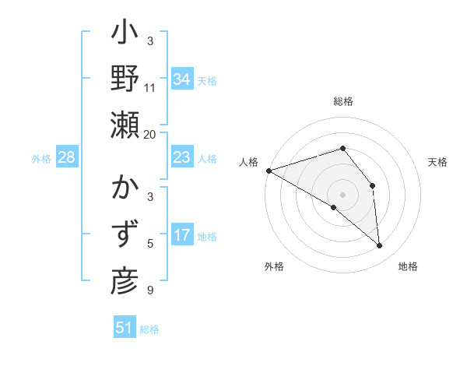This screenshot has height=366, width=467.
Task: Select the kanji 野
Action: click(x=125, y=81)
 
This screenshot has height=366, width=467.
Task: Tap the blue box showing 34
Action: click(x=181, y=79)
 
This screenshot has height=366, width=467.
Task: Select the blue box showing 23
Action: click(x=181, y=157)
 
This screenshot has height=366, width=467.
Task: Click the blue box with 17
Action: click(x=181, y=235)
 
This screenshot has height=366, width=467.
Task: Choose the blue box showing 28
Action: click(x=66, y=157)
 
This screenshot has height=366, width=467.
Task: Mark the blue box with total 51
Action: click(x=125, y=328)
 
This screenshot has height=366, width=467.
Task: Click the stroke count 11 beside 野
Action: click(x=150, y=88)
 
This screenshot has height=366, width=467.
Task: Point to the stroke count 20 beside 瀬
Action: click(x=150, y=134)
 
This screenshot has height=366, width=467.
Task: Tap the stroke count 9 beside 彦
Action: click(x=150, y=290)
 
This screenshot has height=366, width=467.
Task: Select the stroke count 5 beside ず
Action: click(x=150, y=244)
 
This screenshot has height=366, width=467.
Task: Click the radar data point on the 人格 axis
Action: click(x=269, y=171)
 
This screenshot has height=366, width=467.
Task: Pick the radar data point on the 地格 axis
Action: click(x=379, y=246)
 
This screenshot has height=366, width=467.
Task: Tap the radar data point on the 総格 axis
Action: click(x=342, y=148)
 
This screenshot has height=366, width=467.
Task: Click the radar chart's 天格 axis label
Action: click(x=438, y=162)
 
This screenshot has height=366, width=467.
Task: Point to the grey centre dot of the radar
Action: click(x=342, y=194)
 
